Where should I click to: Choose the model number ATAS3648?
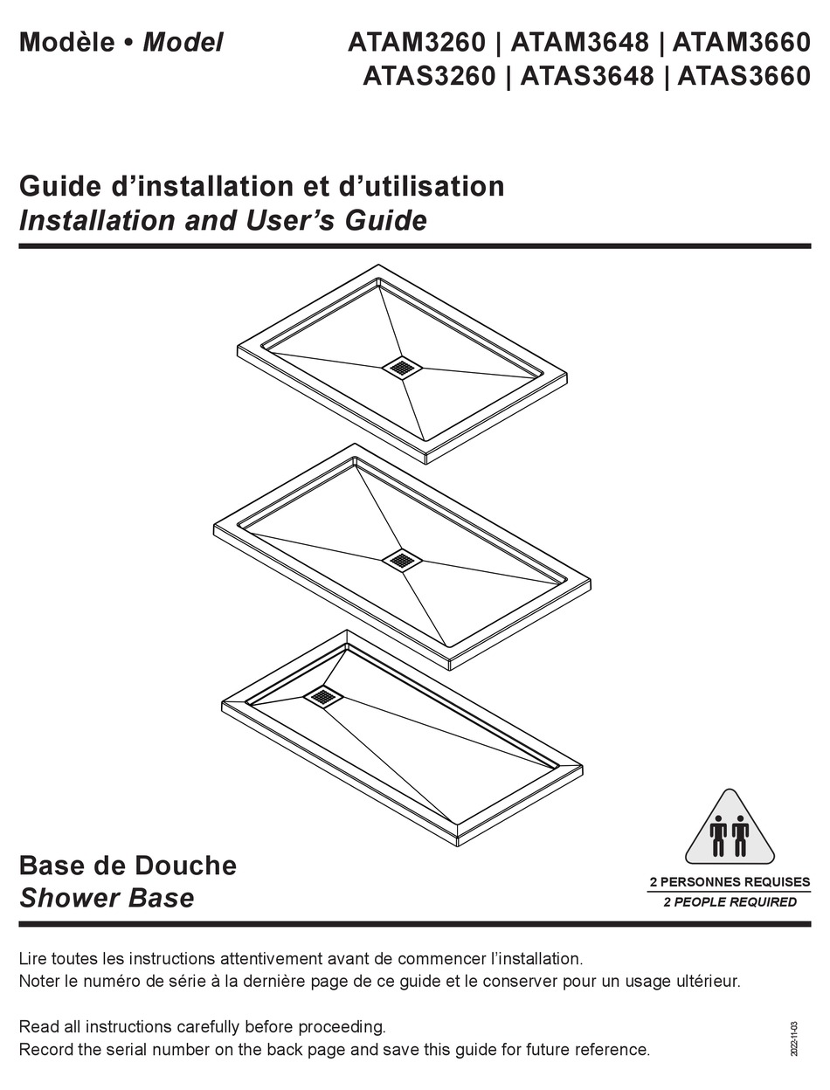(586, 77)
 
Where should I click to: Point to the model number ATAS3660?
(744, 77)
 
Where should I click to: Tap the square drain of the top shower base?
(402, 368)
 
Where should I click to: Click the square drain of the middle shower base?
(401, 560)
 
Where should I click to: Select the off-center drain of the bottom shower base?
(324, 696)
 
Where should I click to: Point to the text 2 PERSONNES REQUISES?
(730, 882)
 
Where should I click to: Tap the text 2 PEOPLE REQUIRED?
(730, 902)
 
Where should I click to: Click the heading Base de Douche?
(128, 866)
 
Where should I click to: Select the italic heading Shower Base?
(107, 898)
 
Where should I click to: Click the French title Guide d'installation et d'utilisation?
(261, 186)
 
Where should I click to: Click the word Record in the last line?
(45, 1049)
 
